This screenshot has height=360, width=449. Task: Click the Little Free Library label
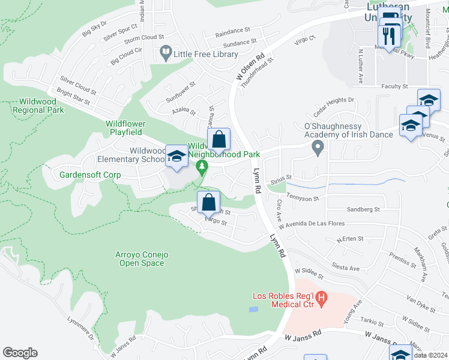(x=205, y=54)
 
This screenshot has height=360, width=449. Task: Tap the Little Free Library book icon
(x=165, y=54)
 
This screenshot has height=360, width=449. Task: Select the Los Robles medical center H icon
(x=321, y=297)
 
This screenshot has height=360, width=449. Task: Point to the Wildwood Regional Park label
(x=41, y=106)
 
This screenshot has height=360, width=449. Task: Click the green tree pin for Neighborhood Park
(x=203, y=166)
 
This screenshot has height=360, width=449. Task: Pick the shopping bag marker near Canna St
(x=220, y=140)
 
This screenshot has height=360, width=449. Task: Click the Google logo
(x=20, y=353)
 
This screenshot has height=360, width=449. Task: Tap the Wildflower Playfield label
(x=124, y=127)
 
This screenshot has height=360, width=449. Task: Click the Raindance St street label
(x=232, y=30)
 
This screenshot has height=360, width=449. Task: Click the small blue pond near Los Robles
(x=253, y=310)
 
